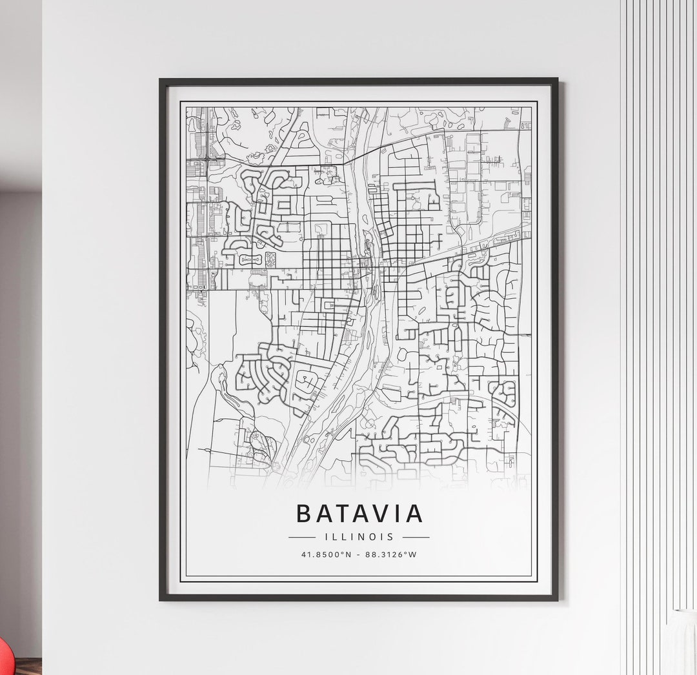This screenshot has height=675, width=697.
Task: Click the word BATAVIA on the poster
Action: point(359,514)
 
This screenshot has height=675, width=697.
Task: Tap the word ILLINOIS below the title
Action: point(359,537)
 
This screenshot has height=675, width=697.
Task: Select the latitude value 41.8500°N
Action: point(326,554)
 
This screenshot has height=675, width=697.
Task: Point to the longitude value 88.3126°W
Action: point(390,554)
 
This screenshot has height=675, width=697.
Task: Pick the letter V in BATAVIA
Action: point(376,514)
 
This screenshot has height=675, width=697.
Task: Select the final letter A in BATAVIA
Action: point(413,514)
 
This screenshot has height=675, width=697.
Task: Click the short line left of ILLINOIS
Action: point(302,537)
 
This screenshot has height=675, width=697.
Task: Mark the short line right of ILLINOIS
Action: point(416,537)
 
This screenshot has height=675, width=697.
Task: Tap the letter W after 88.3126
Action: point(413,554)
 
